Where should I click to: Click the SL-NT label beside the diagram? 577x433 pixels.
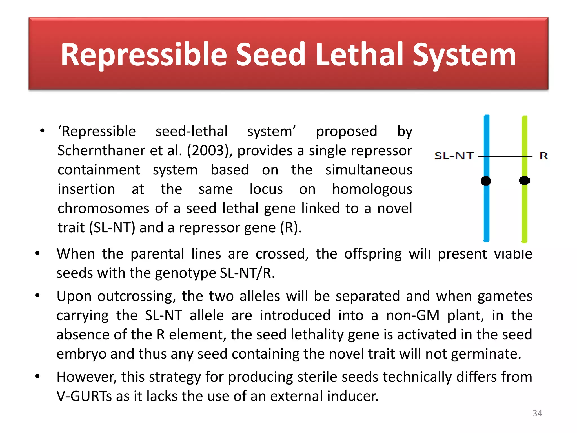(454, 156)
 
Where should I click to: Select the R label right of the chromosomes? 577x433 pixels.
(543, 156)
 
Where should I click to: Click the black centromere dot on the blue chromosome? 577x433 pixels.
(486, 181)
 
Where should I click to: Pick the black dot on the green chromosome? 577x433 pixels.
(524, 180)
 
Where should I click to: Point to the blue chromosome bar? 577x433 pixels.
(487, 214)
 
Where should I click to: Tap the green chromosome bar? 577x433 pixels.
(524, 214)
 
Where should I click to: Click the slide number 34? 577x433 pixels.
(537, 413)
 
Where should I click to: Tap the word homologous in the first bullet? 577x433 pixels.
(372, 189)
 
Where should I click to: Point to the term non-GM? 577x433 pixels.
(412, 315)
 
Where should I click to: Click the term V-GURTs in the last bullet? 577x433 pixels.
(84, 396)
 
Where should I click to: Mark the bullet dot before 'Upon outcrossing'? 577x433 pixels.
(37, 296)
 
